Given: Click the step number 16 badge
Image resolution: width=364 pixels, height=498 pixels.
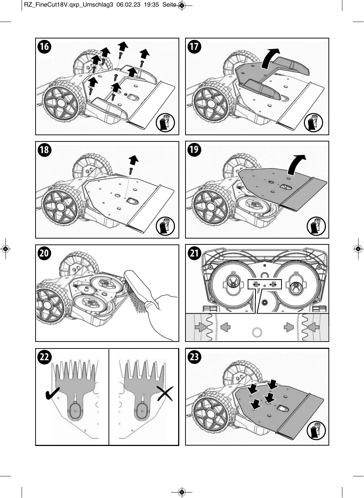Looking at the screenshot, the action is [44, 47].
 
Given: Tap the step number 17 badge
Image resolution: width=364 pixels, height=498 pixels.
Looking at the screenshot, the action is [194, 47].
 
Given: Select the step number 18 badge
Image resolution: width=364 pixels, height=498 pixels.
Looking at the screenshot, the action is [44, 150].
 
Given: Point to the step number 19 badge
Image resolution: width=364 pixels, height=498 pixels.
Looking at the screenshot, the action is [194, 150].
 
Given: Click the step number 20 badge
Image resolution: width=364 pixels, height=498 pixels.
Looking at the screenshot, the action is [44, 253].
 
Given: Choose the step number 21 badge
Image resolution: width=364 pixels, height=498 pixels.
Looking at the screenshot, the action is [194, 253].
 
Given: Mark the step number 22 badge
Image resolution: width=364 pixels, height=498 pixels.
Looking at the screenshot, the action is [44, 357].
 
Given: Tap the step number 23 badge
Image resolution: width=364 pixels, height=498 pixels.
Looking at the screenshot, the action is [194, 357].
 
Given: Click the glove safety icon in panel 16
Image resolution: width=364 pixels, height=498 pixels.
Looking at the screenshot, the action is [165, 122].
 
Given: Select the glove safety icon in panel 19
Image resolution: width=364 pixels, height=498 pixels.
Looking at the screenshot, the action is [316, 226].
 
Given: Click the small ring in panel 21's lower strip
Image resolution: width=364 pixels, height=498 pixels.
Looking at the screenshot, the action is [257, 332].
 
